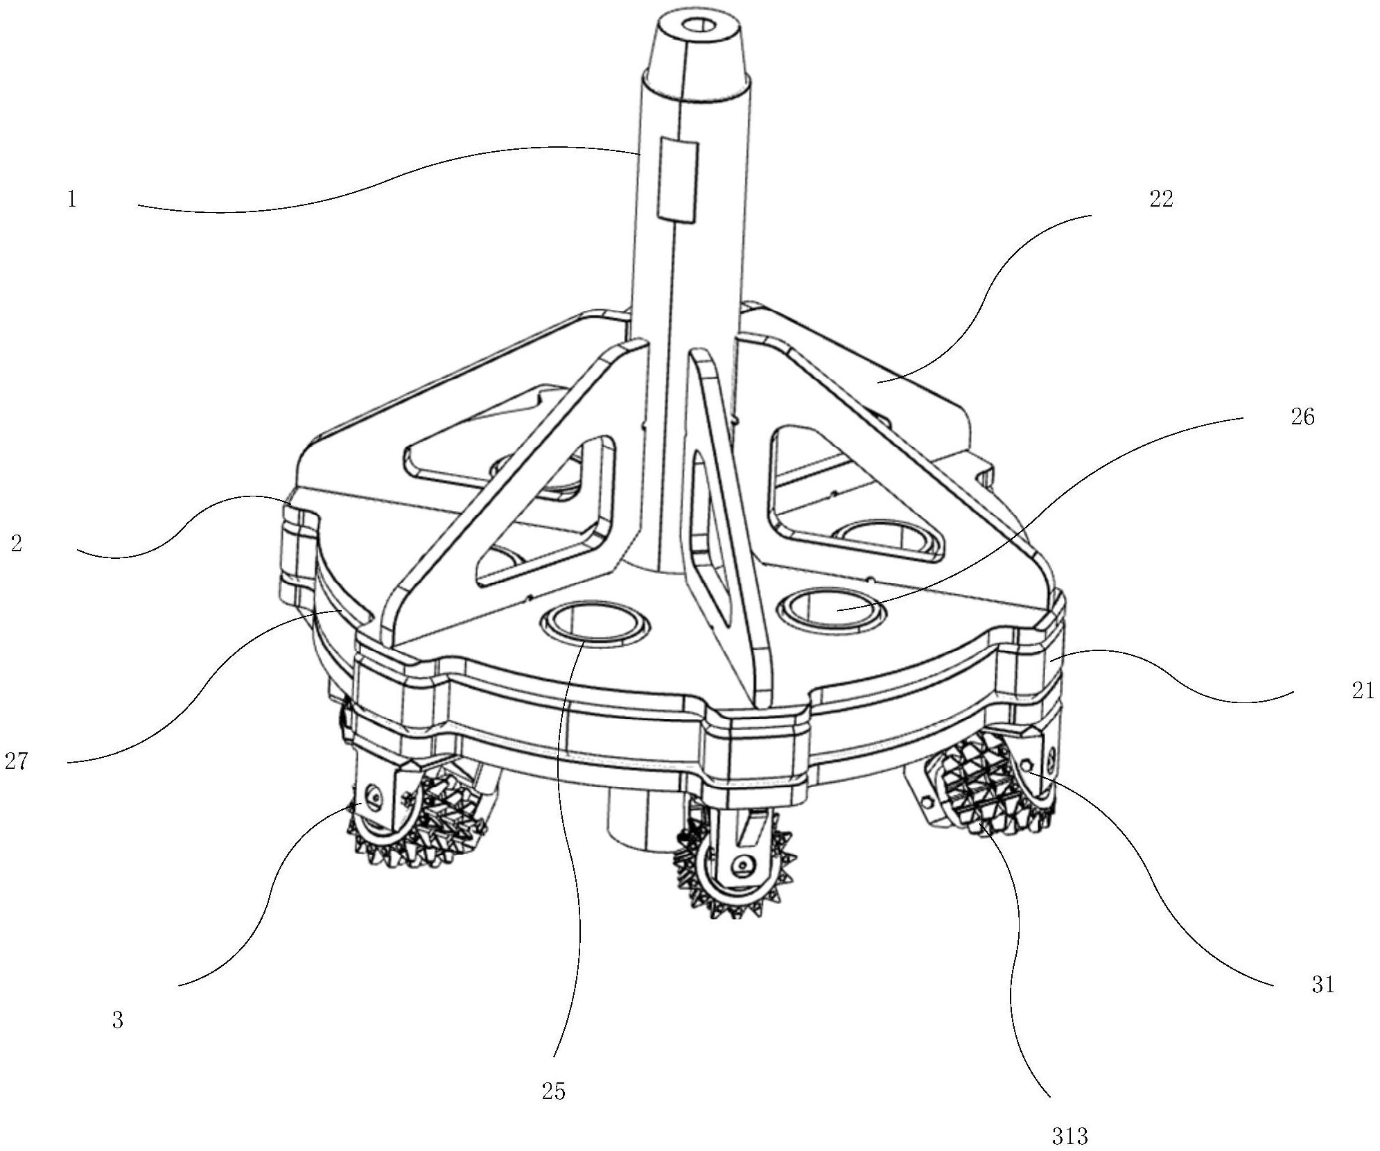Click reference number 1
pyautogui.click(x=71, y=200)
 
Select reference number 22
pyautogui.click(x=1161, y=200)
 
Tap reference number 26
pyautogui.click(x=1302, y=417)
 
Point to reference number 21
pyautogui.click(x=1362, y=691)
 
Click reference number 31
pyautogui.click(x=1322, y=985)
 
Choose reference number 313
pyautogui.click(x=1069, y=1136)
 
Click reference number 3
pyautogui.click(x=117, y=1020)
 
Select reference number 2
pyautogui.click(x=16, y=543)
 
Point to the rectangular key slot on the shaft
pyautogui.click(x=677, y=180)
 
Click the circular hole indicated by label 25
pyautogui.click(x=595, y=621)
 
